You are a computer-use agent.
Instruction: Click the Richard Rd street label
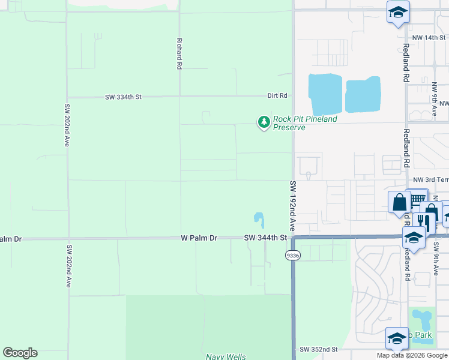pos(179,53)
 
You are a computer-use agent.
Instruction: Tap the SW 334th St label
pos(123,96)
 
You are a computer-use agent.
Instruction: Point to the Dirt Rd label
pos(277,95)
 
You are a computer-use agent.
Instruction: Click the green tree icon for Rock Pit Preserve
pos(264,122)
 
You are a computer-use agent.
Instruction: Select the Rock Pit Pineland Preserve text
pos(304,123)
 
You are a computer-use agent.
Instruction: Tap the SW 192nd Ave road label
pos(293,206)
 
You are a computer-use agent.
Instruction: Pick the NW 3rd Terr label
pos(430,180)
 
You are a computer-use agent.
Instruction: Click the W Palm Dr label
pos(199,238)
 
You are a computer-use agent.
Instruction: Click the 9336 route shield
pos(292,256)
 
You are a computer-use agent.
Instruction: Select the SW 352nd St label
pos(318,349)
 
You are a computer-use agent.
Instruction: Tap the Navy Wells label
pos(226,356)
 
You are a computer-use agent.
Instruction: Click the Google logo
pos(20,353)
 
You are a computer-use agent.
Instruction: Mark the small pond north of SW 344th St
pos(259,219)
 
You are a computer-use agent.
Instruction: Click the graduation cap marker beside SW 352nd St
pos(397,340)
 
